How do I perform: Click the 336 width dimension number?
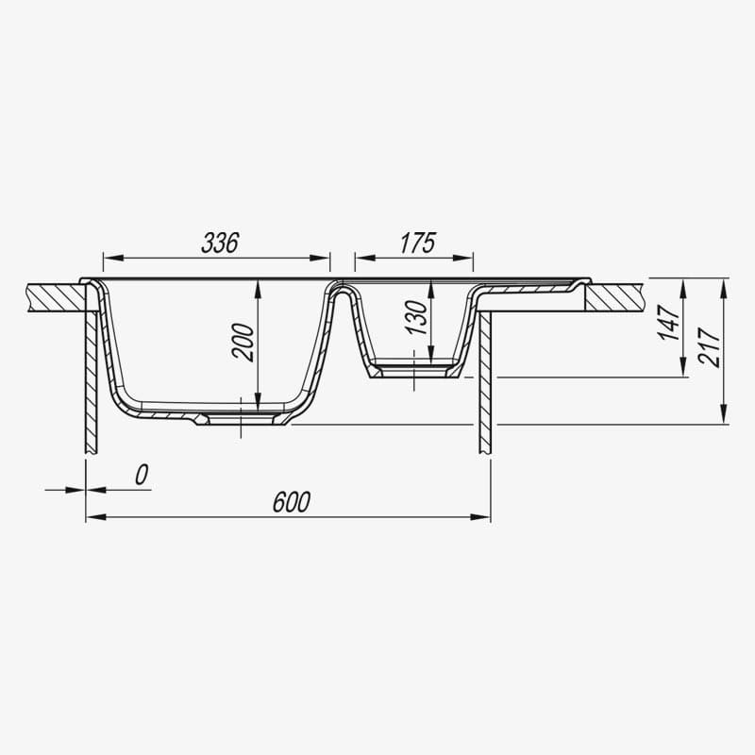[220, 243]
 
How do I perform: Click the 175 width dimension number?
[418, 243]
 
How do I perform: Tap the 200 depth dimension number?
[243, 343]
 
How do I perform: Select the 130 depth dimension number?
[416, 317]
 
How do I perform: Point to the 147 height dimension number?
[669, 323]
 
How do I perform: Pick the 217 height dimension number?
[710, 347]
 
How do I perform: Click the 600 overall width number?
[292, 502]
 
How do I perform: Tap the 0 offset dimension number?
[142, 475]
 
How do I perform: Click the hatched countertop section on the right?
[614, 297]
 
